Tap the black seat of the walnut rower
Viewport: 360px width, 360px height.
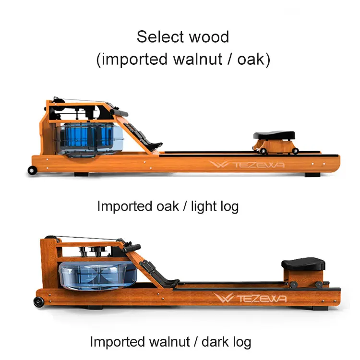click(303, 264)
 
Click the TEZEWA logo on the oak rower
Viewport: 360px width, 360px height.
click(247, 165)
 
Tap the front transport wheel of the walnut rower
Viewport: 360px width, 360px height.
click(37, 302)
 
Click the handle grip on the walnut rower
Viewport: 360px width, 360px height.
click(131, 249)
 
